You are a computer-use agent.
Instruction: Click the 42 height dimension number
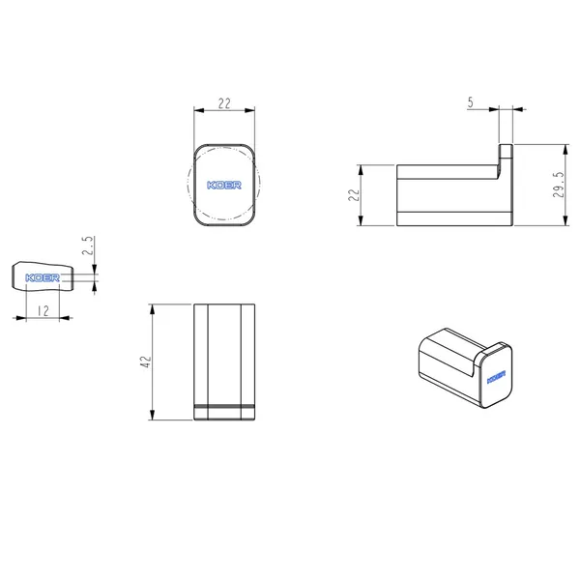(147, 362)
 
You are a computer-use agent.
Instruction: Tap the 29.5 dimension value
(559, 185)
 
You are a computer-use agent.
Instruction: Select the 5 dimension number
(470, 102)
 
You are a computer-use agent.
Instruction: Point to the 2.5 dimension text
(87, 246)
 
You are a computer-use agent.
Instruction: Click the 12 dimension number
(43, 311)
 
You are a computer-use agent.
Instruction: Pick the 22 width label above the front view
(224, 103)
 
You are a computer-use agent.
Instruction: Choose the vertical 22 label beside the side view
(354, 194)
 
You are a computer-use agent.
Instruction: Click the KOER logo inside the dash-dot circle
(224, 185)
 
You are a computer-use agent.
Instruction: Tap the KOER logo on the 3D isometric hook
(496, 377)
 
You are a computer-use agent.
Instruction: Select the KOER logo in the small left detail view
(43, 277)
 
